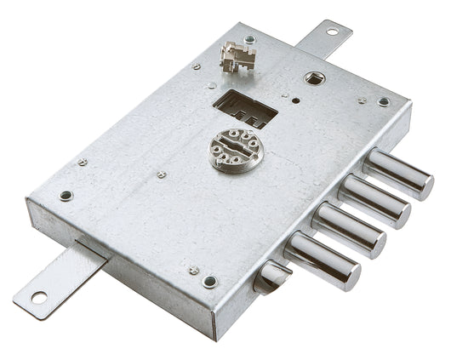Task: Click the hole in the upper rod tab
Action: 331,32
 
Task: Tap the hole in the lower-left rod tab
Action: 39,297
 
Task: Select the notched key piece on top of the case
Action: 238,57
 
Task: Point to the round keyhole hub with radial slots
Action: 236,151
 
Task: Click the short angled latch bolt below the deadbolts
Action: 272,275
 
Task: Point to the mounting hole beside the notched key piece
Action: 249,39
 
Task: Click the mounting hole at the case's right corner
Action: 384,102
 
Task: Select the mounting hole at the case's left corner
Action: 66,195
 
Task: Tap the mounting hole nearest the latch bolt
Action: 209,282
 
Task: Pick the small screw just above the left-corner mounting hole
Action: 83,162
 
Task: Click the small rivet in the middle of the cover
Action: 162,174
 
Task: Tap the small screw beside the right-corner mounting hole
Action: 362,100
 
